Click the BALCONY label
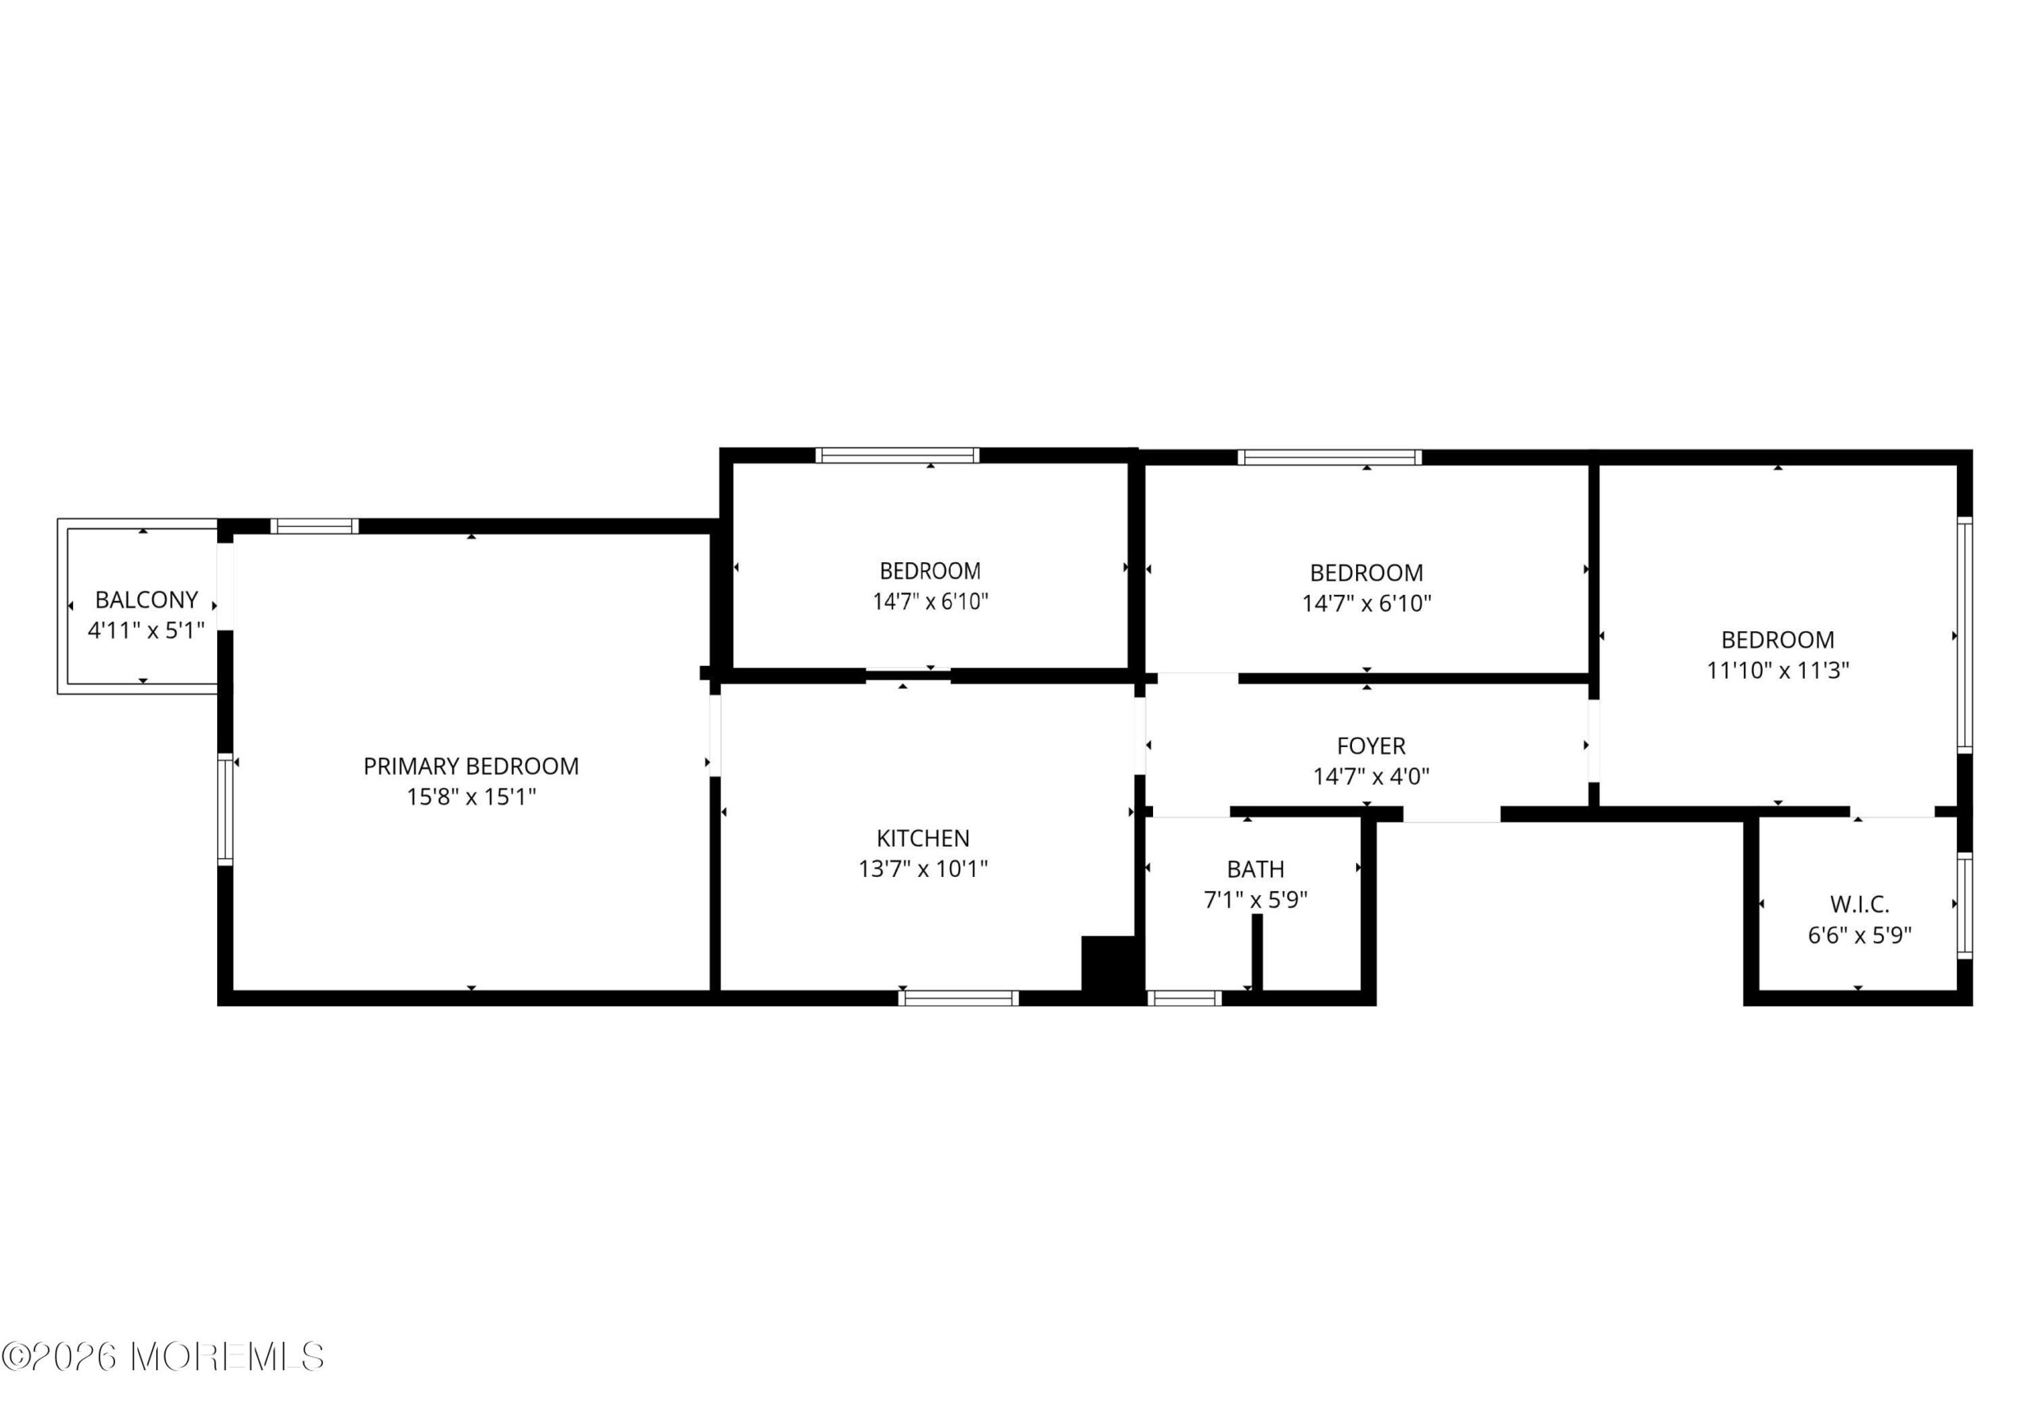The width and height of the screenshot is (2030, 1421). tap(146, 599)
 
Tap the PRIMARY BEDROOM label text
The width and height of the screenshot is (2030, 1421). tap(471, 766)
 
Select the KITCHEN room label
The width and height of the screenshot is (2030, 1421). tap(923, 837)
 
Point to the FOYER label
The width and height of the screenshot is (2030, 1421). tap(1371, 745)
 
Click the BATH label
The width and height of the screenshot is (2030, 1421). tap(1255, 869)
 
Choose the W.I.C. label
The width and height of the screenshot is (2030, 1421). tap(1860, 904)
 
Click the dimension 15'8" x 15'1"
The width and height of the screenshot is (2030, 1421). tap(471, 797)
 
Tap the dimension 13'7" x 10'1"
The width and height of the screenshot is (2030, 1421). tap(923, 868)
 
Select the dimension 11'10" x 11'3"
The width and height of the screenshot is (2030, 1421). tap(1778, 670)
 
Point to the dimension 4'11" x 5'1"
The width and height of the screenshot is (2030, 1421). tap(146, 630)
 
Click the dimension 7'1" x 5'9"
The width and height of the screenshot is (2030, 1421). tap(1255, 900)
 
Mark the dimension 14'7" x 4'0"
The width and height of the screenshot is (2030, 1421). tap(1371, 776)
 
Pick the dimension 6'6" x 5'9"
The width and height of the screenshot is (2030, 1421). tap(1860, 935)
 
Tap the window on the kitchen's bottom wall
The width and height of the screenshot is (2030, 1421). tap(959, 998)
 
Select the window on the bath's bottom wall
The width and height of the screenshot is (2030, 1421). tap(1185, 998)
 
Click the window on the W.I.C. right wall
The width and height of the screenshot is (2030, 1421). tap(1964, 906)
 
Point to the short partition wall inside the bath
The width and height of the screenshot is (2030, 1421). tap(1258, 952)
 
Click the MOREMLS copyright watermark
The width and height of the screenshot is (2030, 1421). tap(163, 1357)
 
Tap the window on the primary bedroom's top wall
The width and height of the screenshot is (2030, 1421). tap(315, 526)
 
